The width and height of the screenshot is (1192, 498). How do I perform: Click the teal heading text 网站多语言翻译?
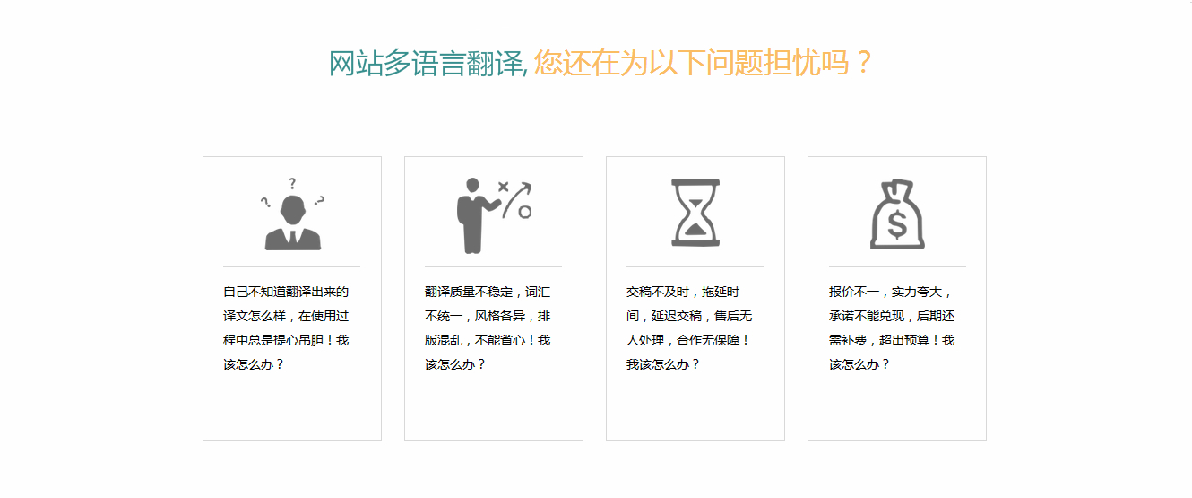pyautogui.click(x=427, y=63)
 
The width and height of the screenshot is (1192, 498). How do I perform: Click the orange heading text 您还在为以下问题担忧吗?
pyautogui.click(x=691, y=62)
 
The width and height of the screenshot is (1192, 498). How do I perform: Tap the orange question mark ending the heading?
pyautogui.click(x=864, y=62)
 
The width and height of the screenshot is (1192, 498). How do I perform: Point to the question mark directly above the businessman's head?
pyautogui.click(x=291, y=184)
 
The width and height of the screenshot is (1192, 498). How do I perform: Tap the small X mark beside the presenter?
pyautogui.click(x=503, y=187)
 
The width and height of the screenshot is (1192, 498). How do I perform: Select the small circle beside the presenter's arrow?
pyautogui.click(x=524, y=212)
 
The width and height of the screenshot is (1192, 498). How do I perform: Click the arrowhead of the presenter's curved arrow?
pyautogui.click(x=526, y=187)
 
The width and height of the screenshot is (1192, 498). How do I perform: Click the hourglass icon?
pyautogui.click(x=695, y=213)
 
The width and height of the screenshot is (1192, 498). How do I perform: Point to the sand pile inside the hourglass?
pyautogui.click(x=695, y=229)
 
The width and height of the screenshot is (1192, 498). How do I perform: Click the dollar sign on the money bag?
pyautogui.click(x=897, y=223)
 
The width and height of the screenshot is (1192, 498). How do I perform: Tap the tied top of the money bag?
pyautogui.click(x=897, y=187)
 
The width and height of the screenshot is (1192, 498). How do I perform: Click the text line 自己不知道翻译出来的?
pyautogui.click(x=286, y=292)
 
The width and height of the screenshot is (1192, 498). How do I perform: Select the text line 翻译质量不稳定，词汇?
pyautogui.click(x=488, y=292)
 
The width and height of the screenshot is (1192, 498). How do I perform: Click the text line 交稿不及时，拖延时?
pyautogui.click(x=683, y=292)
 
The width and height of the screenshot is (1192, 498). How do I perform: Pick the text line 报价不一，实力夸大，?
pyautogui.click(x=890, y=292)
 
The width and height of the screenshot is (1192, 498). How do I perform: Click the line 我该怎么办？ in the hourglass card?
pyautogui.click(x=662, y=364)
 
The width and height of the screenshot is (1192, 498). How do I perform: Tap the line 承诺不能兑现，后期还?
pyautogui.click(x=892, y=316)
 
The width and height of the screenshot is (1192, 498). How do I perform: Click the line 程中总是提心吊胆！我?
pyautogui.click(x=286, y=340)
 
